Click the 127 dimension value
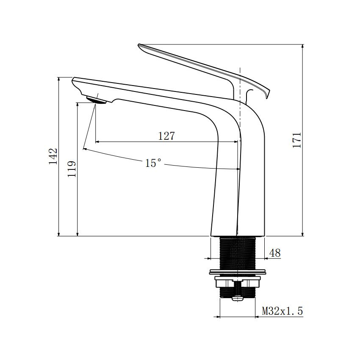coord(166,136)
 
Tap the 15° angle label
coord(153,163)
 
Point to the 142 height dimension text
coord(53,156)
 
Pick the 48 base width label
coord(275,253)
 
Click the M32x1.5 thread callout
coord(282,311)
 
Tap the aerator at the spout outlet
coord(96,100)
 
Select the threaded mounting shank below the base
coord(237,252)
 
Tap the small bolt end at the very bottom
coord(238,298)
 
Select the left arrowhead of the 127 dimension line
coord(98,141)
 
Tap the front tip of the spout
coord(74,79)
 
